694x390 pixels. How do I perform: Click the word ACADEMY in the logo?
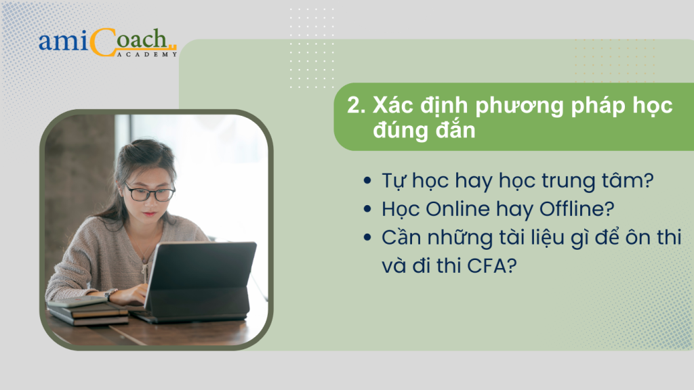coord(147,54)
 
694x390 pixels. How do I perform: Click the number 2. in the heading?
coord(356,106)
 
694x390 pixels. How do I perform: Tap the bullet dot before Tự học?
coord(367,180)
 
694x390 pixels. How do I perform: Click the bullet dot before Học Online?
coord(367,209)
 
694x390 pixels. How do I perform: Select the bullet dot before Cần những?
coord(367,238)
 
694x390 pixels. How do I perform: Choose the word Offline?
coord(577,209)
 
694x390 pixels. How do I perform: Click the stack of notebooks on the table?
coord(87,311)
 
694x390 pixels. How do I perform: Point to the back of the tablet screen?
coord(201,281)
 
